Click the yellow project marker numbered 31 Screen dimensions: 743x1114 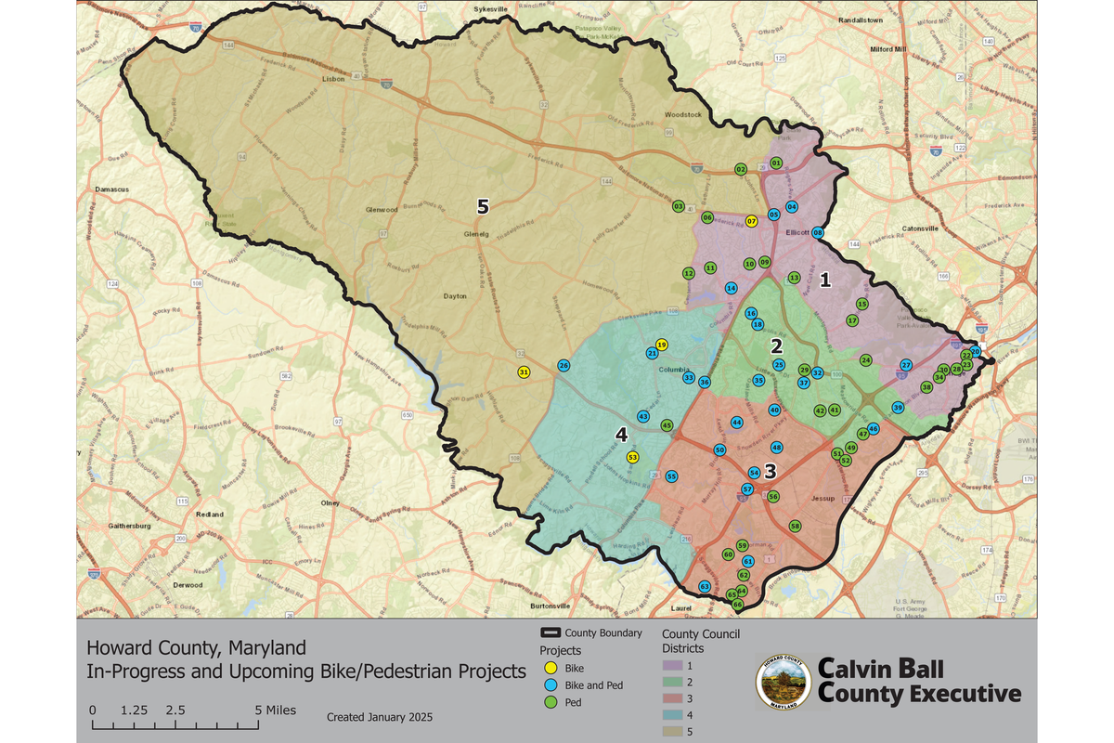(x=524, y=372)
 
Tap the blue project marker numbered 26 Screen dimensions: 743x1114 (x=563, y=366)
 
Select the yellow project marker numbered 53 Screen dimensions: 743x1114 (x=632, y=457)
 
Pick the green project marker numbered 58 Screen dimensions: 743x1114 (x=795, y=526)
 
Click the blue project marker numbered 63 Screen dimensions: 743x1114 (x=705, y=587)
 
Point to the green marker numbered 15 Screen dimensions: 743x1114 (x=862, y=305)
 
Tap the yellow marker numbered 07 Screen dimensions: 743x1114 (x=752, y=221)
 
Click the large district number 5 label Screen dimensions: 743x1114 (x=483, y=205)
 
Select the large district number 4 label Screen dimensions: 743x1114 (x=622, y=434)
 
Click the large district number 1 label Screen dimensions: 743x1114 (x=823, y=278)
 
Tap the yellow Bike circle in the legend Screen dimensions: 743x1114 (x=550, y=667)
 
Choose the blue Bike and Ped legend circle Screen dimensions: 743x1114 (x=550, y=685)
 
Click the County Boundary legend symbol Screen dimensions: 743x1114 (x=550, y=633)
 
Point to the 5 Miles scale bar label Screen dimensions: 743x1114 (x=276, y=710)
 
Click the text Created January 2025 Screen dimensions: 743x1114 (x=380, y=718)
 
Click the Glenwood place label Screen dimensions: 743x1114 (x=382, y=210)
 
